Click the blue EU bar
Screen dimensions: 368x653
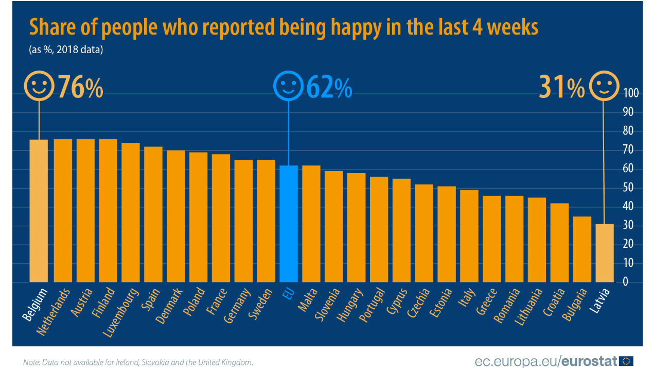pyautogui.click(x=288, y=224)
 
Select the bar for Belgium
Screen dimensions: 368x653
pyautogui.click(x=39, y=211)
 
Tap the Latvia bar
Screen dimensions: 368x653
pyautogui.click(x=605, y=253)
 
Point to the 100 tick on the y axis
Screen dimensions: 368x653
pyautogui.click(x=631, y=93)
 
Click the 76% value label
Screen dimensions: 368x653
pyautogui.click(x=80, y=87)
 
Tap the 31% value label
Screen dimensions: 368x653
pyautogui.click(x=561, y=87)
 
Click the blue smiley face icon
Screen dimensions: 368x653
pyautogui.click(x=288, y=86)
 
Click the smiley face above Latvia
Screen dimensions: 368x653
pyautogui.click(x=604, y=86)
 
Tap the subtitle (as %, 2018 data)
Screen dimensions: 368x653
pyautogui.click(x=66, y=50)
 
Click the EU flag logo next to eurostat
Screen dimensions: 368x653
pyautogui.click(x=626, y=360)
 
